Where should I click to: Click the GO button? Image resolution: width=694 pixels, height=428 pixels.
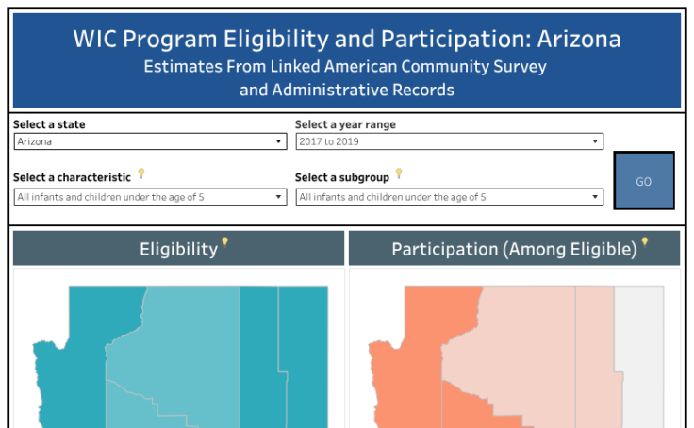pos(643,181)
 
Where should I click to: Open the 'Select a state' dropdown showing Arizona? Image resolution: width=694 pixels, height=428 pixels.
pos(150,141)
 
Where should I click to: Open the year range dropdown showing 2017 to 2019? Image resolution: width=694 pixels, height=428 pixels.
pos(448,141)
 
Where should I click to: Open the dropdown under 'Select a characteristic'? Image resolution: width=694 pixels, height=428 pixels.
pos(150,197)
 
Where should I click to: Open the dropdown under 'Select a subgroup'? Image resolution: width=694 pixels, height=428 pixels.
pos(448,197)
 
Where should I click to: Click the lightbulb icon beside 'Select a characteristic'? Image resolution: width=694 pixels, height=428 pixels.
pos(141,173)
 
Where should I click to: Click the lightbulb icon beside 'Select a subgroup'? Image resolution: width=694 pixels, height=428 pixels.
pos(399,173)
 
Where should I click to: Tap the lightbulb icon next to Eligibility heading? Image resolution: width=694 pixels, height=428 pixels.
pos(224,242)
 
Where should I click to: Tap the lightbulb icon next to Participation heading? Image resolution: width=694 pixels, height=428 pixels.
pos(645,242)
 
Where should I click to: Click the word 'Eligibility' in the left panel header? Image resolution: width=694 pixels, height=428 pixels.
pos(178,249)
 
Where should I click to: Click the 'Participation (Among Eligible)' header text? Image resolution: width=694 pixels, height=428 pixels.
pos(514,249)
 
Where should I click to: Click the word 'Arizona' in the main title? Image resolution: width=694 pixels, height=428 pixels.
pos(576,39)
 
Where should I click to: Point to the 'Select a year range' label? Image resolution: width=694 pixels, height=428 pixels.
pos(345,124)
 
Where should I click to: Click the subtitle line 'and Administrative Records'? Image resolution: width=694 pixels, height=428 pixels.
pos(346,91)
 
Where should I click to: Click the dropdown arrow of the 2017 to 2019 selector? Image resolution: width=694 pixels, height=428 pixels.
pos(595,141)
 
